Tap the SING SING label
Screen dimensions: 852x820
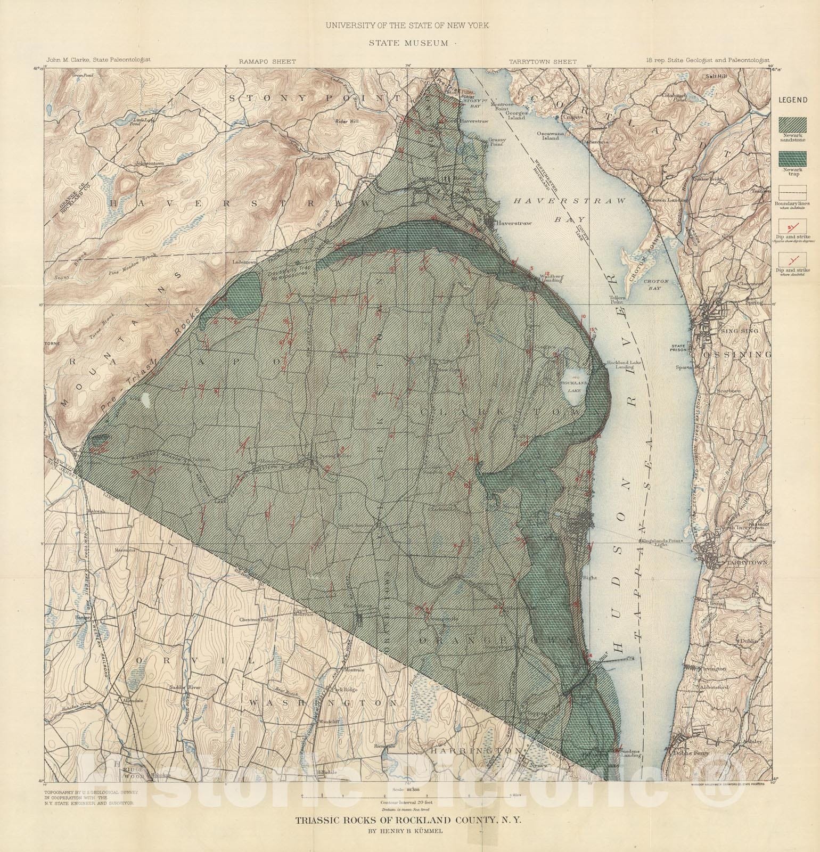coord(737,331)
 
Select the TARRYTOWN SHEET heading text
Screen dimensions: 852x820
coord(542,62)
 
